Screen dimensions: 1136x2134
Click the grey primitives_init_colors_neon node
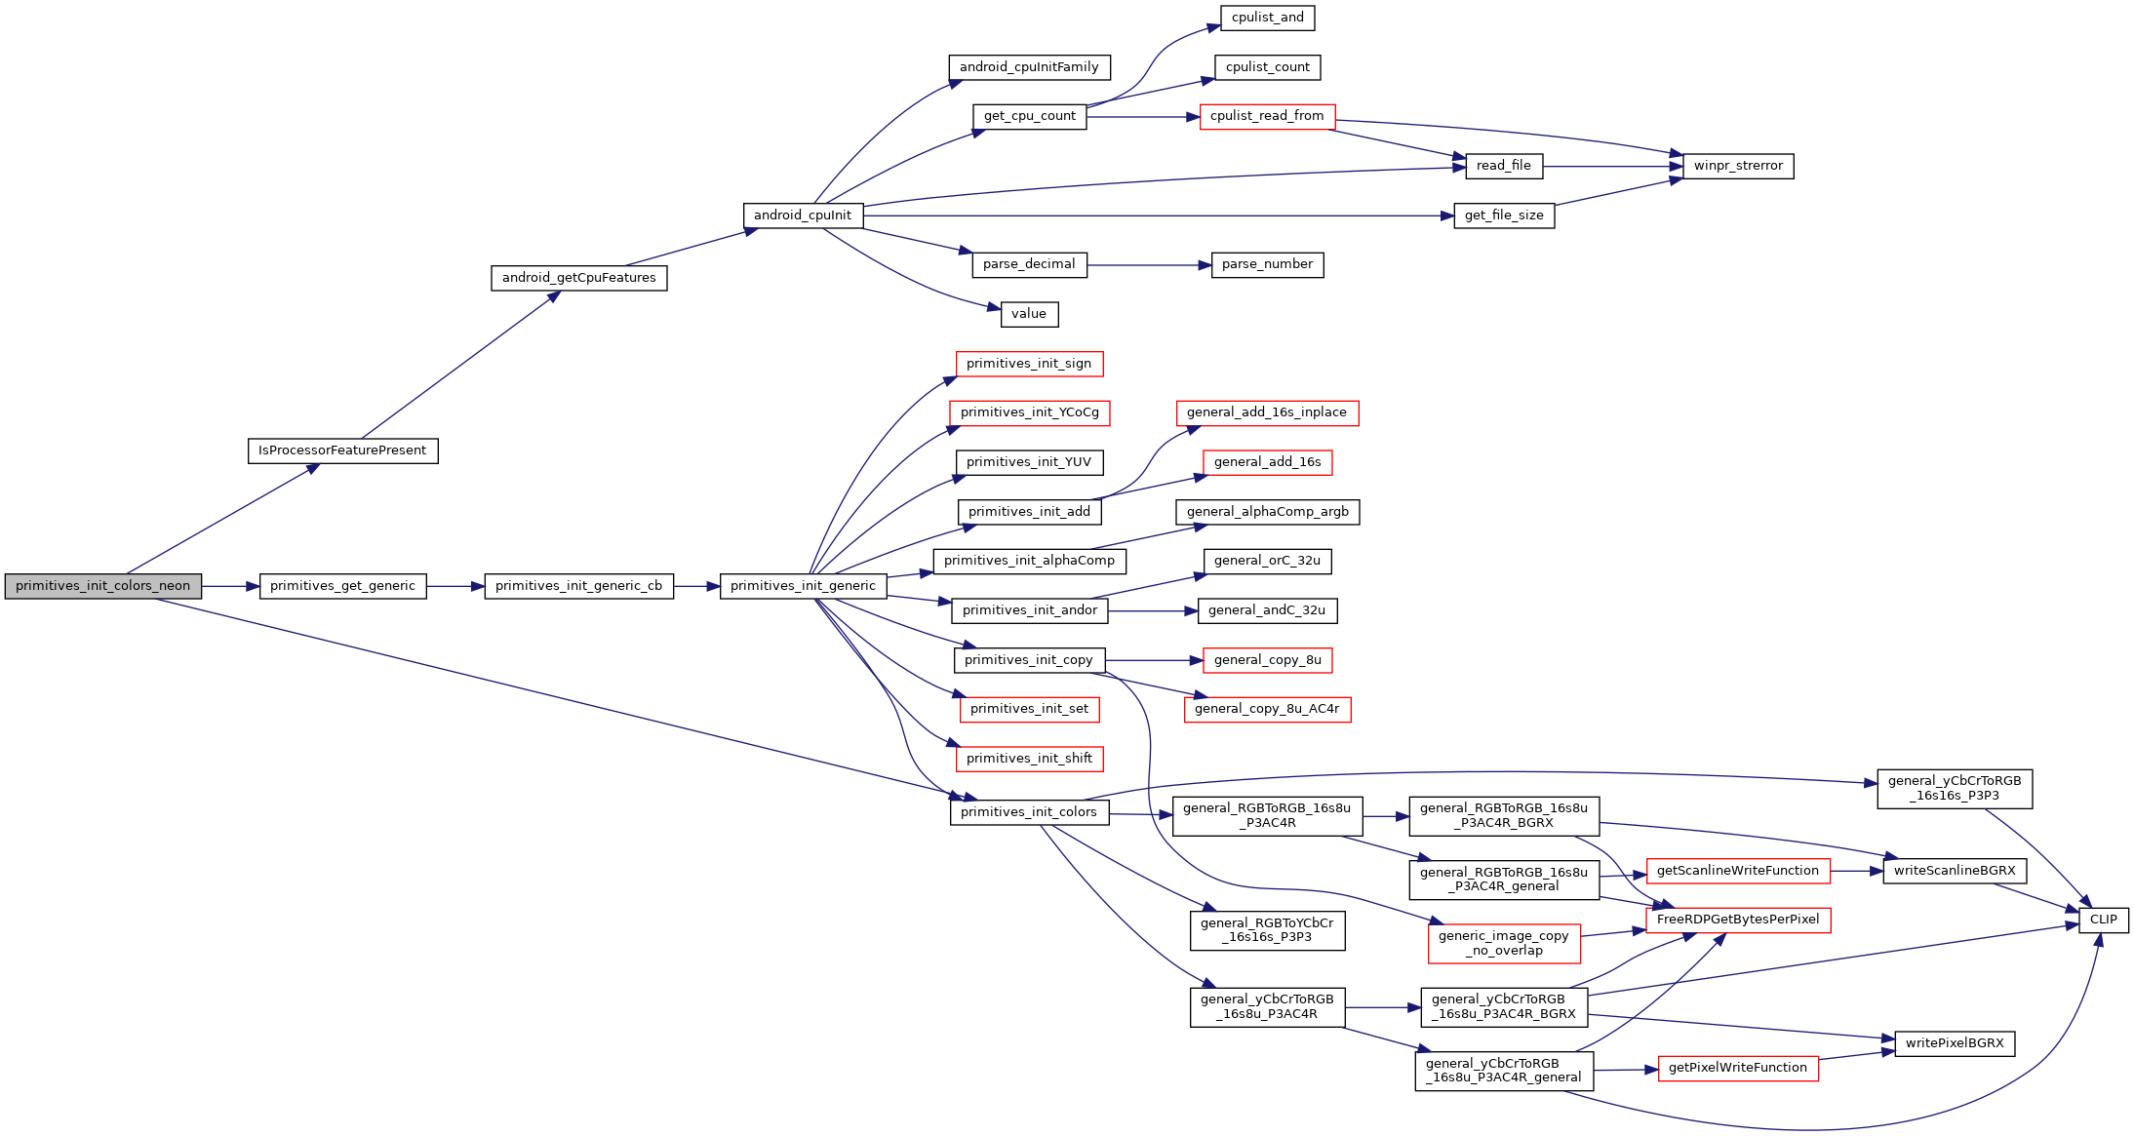pyautogui.click(x=102, y=586)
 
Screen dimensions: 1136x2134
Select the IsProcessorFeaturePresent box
pyautogui.click(x=342, y=450)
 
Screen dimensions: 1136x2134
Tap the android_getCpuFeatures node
pyautogui.click(x=578, y=278)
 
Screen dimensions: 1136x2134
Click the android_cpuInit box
pyautogui.click(x=803, y=215)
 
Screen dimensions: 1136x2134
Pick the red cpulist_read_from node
pyautogui.click(x=1267, y=116)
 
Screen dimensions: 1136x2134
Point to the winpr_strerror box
pyautogui.click(x=1738, y=166)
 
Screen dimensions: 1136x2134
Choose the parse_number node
pyautogui.click(x=1267, y=264)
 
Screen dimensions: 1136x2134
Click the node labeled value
pyautogui.click(x=1029, y=314)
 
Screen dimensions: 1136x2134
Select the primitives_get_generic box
pyautogui.click(x=342, y=586)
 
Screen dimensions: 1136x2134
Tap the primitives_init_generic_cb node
pyautogui.click(x=578, y=586)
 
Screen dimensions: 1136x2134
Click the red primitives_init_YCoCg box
pyautogui.click(x=1029, y=412)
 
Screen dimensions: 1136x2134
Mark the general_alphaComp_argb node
pyautogui.click(x=1267, y=512)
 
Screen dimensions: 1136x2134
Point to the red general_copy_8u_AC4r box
pyautogui.click(x=1267, y=709)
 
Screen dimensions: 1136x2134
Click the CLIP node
pyautogui.click(x=2103, y=920)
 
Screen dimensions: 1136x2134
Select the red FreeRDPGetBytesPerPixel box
pyautogui.click(x=1738, y=920)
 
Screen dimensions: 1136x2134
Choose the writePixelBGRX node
pyautogui.click(x=1955, y=1043)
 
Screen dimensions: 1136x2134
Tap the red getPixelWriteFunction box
pyautogui.click(x=1738, y=1068)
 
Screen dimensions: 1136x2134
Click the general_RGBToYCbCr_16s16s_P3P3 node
pyautogui.click(x=1267, y=930)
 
